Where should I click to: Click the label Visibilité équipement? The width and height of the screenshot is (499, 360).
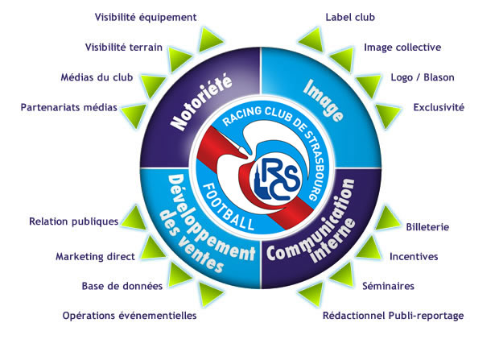146,17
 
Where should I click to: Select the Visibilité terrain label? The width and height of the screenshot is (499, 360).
124,48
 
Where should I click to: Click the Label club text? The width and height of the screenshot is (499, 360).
350,17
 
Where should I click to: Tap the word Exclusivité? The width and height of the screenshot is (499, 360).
439,107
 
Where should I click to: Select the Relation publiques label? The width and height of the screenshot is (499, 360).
73,221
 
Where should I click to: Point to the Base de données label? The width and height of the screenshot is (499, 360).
122,286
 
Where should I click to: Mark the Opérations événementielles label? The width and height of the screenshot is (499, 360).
130,316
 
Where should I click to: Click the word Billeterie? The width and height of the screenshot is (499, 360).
427,228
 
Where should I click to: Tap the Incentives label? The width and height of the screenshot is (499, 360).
414,257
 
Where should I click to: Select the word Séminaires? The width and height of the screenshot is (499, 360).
388,286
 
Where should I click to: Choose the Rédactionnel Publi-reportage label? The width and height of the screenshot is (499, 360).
393,316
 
